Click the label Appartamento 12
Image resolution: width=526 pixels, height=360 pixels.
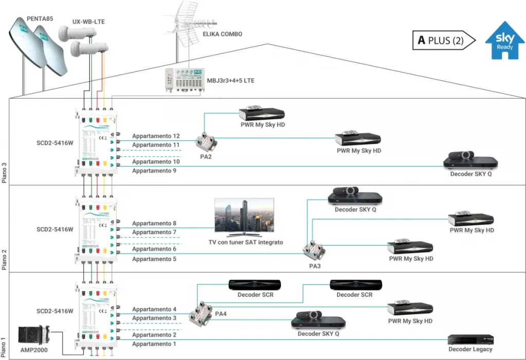(156, 136)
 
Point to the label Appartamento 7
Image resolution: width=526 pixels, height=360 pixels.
(154, 232)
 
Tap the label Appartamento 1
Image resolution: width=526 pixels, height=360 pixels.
(154, 344)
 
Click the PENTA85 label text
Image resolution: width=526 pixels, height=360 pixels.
(40, 20)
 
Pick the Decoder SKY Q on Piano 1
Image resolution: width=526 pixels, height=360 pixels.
(318, 320)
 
